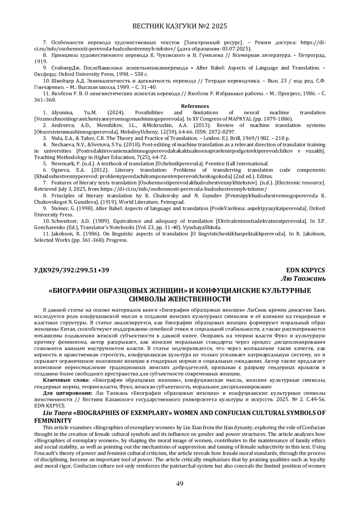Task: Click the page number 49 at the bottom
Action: pos(180,483)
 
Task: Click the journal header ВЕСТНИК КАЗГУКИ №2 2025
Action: pos(180,26)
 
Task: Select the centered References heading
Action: pos(195,106)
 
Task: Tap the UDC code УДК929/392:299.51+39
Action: pos(71,270)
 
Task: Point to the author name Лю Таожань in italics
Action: pos(303,279)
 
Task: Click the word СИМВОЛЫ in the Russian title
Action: pos(146,299)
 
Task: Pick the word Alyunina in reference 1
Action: pos(62,112)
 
